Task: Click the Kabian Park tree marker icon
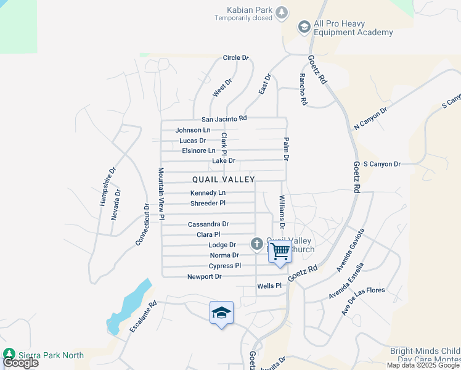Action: point(282,12)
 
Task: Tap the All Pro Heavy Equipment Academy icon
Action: point(303,27)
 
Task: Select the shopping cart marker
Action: point(280,252)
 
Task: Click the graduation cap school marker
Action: point(221,313)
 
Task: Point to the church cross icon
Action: point(257,244)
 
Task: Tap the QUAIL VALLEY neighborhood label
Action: point(223,179)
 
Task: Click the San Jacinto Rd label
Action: point(224,118)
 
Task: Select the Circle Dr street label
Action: point(235,58)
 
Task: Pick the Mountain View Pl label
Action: point(161,194)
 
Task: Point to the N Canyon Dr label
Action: point(370,118)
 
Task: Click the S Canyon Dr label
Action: point(382,164)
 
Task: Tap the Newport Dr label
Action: point(205,277)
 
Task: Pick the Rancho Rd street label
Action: point(303,89)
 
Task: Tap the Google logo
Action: point(20,363)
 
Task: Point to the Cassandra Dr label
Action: point(208,224)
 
